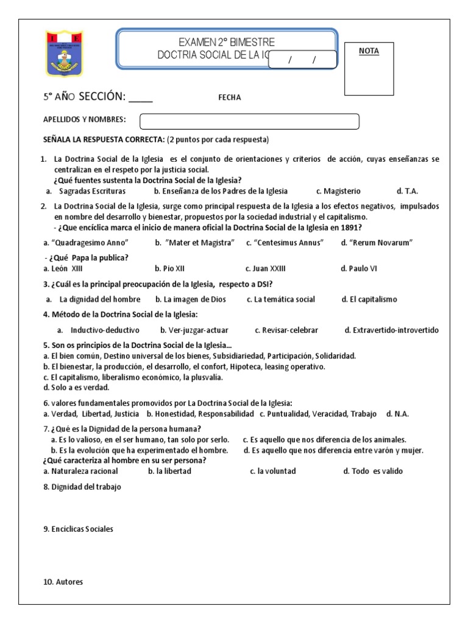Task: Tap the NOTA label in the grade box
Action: [368, 51]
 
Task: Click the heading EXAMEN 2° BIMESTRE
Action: [226, 42]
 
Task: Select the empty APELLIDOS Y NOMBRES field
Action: [249, 121]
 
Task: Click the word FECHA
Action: [229, 97]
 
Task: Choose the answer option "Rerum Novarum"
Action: [377, 243]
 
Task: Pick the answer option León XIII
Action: [63, 268]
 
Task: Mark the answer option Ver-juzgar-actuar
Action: [194, 330]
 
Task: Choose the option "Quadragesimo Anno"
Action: [86, 243]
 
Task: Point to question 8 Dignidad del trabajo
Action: [82, 487]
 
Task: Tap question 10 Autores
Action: [63, 582]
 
